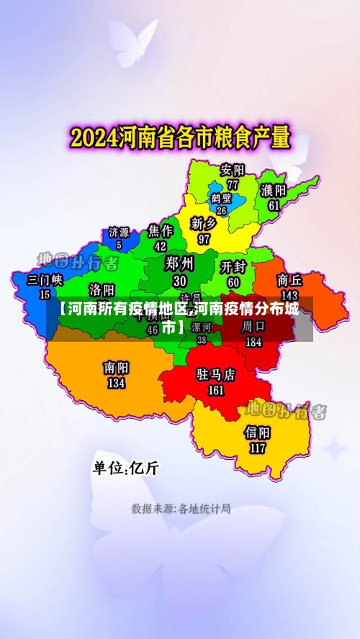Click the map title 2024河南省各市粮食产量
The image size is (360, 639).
click(x=180, y=137)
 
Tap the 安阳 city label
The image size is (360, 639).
click(x=233, y=171)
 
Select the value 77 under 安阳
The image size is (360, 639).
click(x=233, y=184)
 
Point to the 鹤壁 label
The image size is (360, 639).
click(x=221, y=198)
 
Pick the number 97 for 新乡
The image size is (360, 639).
click(x=204, y=239)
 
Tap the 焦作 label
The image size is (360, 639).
click(x=161, y=231)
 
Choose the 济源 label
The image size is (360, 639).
click(x=119, y=232)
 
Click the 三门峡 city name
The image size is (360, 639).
click(x=45, y=280)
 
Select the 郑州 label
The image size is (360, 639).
click(x=179, y=263)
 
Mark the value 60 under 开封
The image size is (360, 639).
click(x=234, y=282)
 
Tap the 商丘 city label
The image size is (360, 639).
click(x=289, y=280)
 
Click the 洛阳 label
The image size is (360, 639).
click(x=102, y=289)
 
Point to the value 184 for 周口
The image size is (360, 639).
click(x=253, y=343)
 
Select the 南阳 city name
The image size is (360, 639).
click(x=116, y=368)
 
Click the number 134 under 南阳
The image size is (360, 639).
click(x=116, y=383)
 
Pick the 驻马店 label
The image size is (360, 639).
click(x=216, y=375)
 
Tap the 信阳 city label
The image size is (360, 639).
click(x=258, y=432)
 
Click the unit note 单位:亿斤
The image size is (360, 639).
click(x=126, y=468)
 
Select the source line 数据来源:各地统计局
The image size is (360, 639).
click(x=181, y=509)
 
